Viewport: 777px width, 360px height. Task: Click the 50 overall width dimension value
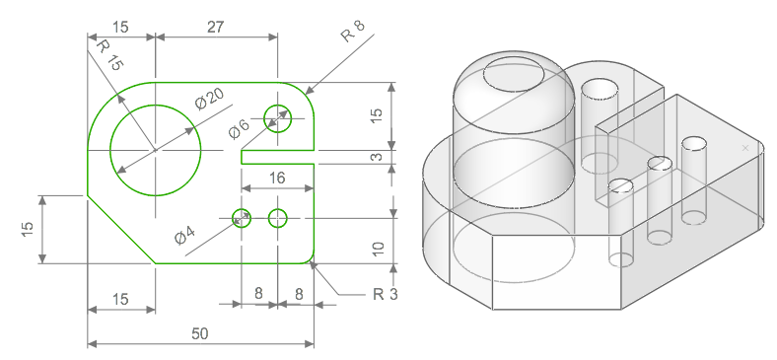200,333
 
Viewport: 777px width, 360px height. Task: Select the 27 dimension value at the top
216,27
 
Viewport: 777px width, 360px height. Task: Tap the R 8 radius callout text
352,31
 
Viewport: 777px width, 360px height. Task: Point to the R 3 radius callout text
385,294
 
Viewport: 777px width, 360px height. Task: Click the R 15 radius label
108,55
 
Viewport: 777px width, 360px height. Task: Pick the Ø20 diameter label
209,99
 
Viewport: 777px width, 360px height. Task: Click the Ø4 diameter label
184,235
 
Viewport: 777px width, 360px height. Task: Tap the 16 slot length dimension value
277,178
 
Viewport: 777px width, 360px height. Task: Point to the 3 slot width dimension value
377,157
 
